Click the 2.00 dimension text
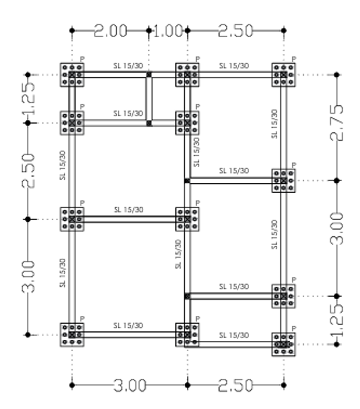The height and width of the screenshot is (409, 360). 110,31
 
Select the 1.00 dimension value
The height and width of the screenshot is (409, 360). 168,31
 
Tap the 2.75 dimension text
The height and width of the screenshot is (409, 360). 336,122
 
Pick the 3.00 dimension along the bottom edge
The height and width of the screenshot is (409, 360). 130,385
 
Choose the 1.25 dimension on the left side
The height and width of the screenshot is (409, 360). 28,99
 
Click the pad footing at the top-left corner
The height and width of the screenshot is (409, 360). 72,75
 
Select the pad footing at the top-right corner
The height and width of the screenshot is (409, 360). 284,75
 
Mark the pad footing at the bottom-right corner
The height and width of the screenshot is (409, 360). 284,344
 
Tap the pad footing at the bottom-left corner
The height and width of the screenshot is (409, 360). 72,335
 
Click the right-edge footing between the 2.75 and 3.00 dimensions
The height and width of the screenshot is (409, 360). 284,181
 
